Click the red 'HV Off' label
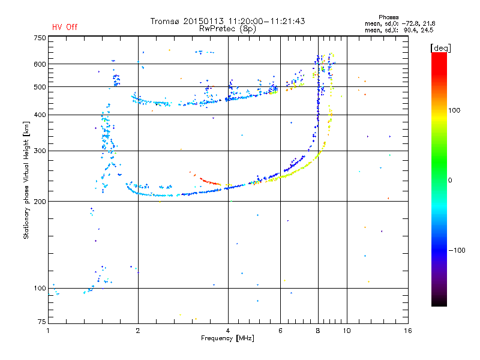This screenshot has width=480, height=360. [65, 27]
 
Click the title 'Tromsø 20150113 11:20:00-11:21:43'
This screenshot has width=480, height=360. [227, 21]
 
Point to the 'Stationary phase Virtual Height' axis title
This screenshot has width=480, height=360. [26, 180]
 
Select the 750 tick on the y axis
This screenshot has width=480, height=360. [40, 37]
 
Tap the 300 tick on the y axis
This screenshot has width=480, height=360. [40, 151]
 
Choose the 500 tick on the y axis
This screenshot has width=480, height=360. [40, 87]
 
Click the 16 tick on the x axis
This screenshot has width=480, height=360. [407, 330]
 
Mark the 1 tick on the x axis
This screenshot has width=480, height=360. [48, 330]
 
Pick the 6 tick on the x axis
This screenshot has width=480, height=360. [280, 330]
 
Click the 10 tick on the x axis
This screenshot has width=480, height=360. [346, 330]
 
